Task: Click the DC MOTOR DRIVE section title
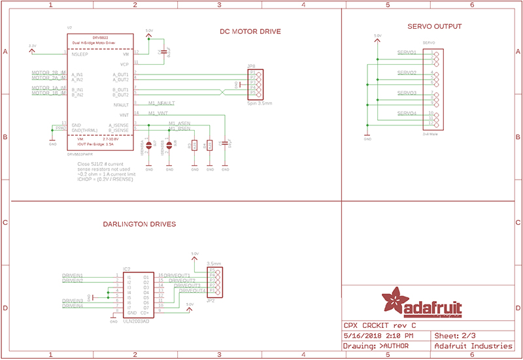click(x=251, y=32)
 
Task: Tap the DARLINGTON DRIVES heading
click(x=139, y=224)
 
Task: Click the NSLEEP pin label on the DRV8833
click(x=80, y=55)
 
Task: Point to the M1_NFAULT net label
click(x=161, y=103)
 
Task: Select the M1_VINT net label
click(x=158, y=113)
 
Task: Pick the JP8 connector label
click(x=251, y=67)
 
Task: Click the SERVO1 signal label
click(x=407, y=52)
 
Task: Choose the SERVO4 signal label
click(x=407, y=114)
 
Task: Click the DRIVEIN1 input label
click(x=72, y=276)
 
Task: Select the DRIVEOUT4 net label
click(x=192, y=291)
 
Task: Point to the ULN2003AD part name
click(x=136, y=321)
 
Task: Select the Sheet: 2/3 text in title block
click(x=451, y=335)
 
